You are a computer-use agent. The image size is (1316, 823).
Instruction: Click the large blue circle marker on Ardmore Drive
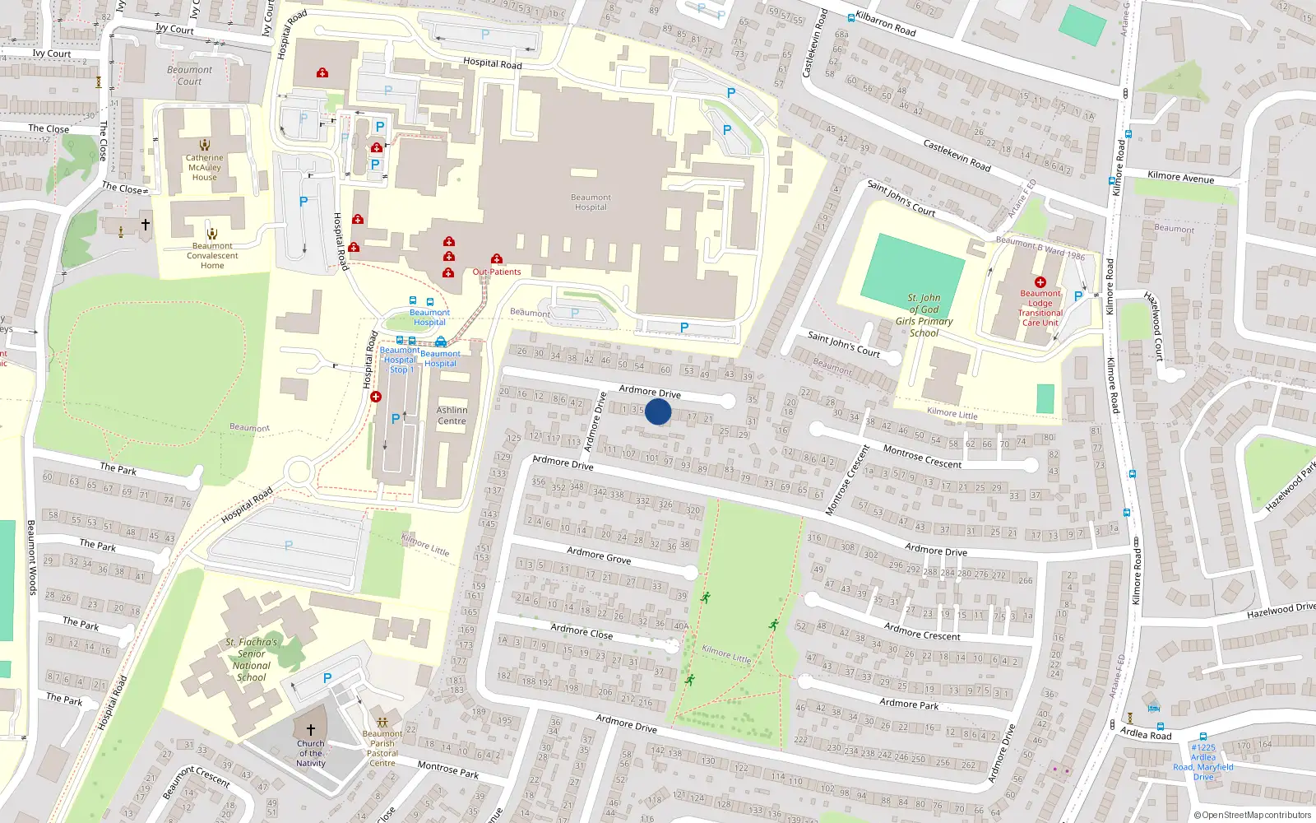pos(658,411)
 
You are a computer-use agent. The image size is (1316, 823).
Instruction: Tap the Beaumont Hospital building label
pos(591,202)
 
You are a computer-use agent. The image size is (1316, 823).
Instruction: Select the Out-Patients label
pos(496,272)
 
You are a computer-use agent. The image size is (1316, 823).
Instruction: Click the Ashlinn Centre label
pos(452,416)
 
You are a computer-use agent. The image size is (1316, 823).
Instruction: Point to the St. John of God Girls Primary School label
pos(924,315)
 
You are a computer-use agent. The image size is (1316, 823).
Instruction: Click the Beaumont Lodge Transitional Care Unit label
pos(1040,308)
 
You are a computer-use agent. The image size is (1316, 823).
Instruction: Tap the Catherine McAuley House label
pos(204,167)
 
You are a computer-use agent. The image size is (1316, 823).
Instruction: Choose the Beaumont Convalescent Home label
pos(212,255)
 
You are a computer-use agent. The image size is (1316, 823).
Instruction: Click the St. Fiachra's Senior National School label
pos(252,659)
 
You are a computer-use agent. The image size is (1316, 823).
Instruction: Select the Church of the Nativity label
pos(311,753)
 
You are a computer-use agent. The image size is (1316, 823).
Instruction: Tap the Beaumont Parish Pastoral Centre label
pos(382,748)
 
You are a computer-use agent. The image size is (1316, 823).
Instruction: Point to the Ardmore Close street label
pos(582,631)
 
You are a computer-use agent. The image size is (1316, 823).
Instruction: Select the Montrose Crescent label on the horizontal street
pos(922,457)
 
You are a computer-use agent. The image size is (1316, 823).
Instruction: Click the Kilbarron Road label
pos(885,23)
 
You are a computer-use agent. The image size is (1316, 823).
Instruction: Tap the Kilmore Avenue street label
pos(1180,176)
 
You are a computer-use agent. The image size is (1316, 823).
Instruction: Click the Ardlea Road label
pos(1146,732)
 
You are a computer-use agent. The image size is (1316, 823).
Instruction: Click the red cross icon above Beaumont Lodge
pos(1040,282)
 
